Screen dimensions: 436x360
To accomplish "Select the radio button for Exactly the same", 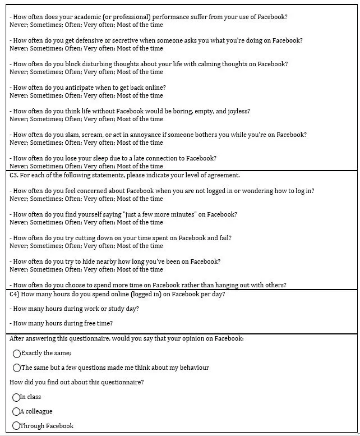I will (17, 354).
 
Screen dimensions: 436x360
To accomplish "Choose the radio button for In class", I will (16, 397).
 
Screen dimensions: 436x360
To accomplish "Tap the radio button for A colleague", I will (16, 412).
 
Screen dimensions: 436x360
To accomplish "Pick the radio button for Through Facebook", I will (16, 426).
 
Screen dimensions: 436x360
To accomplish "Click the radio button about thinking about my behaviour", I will (17, 368).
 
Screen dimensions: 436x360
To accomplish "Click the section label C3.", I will (14, 175).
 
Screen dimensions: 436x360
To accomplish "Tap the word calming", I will (211, 64).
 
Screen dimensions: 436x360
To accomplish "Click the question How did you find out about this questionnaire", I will (76, 383).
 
